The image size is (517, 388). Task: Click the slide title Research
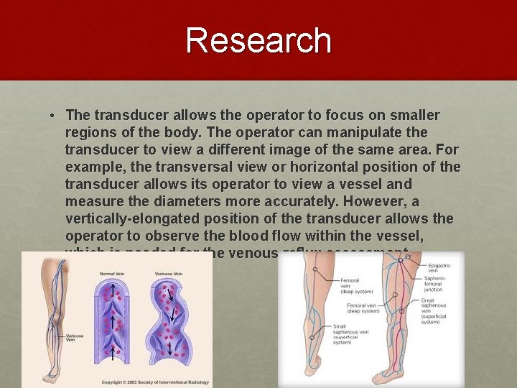click(258, 40)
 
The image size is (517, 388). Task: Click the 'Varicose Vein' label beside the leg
click(74, 338)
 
